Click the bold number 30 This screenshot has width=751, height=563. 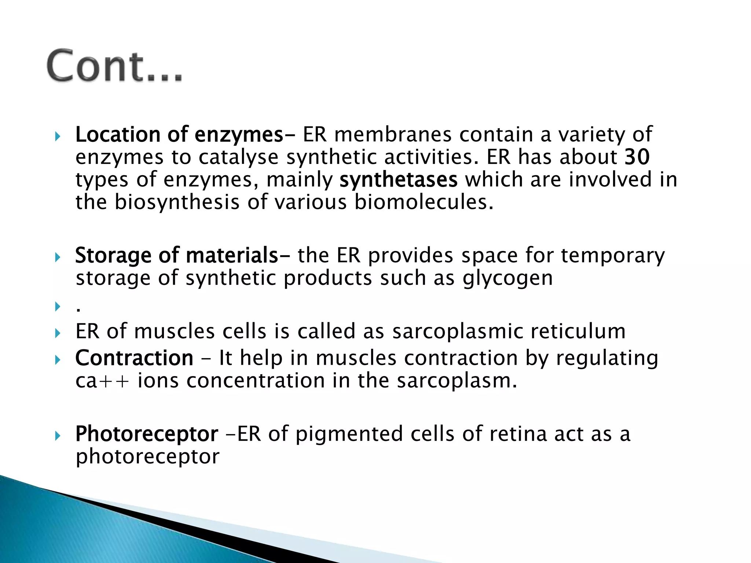(637, 157)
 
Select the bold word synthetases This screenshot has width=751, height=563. (398, 180)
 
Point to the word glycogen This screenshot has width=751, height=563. (508, 278)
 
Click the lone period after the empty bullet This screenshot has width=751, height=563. (78, 310)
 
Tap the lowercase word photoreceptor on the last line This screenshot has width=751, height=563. (147, 457)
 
